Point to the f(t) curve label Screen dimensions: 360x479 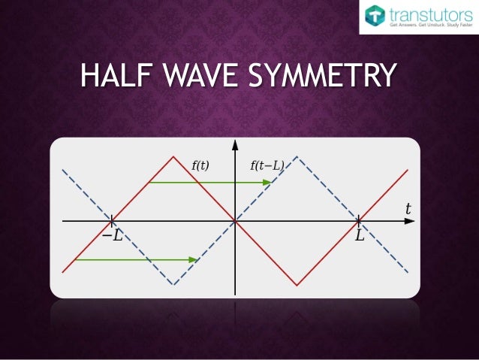pyautogui.click(x=200, y=166)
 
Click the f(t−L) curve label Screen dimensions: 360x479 pyautogui.click(x=267, y=166)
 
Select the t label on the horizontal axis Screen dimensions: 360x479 pyautogui.click(x=408, y=210)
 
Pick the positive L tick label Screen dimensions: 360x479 pyautogui.click(x=360, y=236)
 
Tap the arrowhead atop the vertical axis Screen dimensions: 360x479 pyautogui.click(x=235, y=144)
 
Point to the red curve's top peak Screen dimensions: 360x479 pyautogui.click(x=173, y=156)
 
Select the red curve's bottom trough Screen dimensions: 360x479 pyautogui.click(x=297, y=286)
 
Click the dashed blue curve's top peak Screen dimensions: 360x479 pyautogui.click(x=297, y=156)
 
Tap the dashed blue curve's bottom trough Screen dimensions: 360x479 pyautogui.click(x=173, y=286)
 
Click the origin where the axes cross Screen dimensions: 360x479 pyautogui.click(x=235, y=221)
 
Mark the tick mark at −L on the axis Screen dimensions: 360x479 pyautogui.click(x=112, y=221)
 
